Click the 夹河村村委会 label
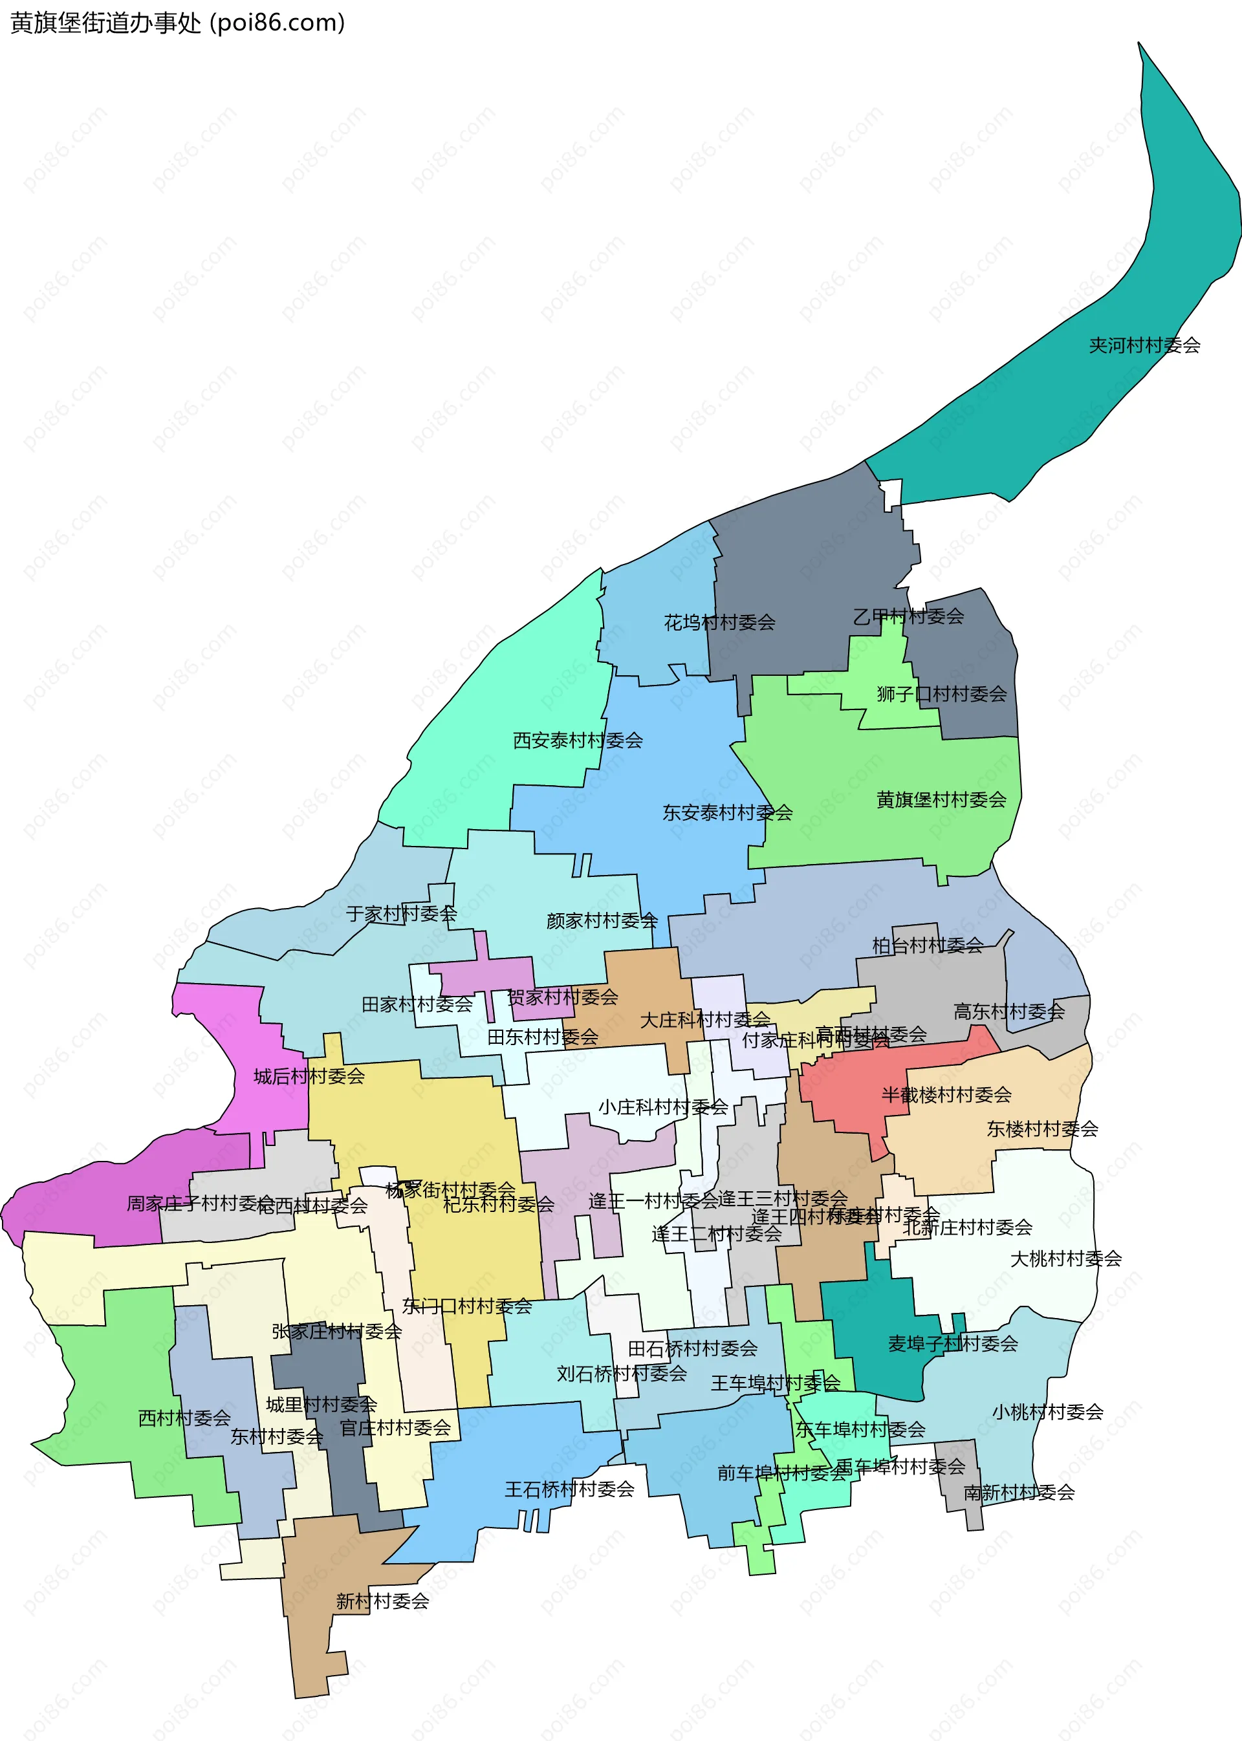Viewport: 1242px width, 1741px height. [1144, 345]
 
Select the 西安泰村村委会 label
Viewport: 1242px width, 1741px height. [578, 740]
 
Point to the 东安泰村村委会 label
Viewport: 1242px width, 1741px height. [726, 812]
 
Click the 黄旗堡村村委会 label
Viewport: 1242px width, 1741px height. [941, 800]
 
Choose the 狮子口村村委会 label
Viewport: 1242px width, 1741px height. [941, 694]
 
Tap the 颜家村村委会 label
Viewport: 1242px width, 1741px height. [602, 920]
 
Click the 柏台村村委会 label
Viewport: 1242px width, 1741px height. [927, 946]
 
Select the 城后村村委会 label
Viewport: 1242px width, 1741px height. [309, 1077]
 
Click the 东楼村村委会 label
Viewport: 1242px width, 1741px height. [1041, 1129]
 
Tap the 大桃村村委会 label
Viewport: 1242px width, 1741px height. [1065, 1259]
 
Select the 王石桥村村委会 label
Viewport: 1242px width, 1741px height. [569, 1489]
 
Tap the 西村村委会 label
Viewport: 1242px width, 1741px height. [184, 1418]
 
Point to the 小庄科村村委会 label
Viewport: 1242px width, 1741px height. [662, 1107]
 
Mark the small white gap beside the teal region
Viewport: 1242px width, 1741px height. [892, 494]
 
